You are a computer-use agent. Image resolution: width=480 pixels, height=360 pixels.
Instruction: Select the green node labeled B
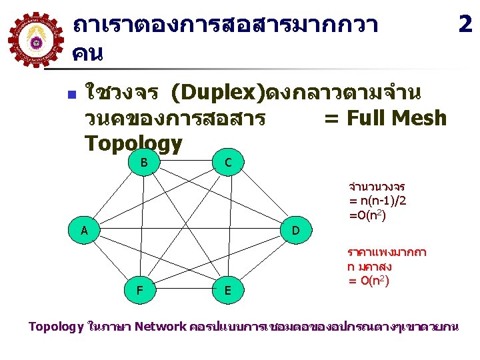(144, 162)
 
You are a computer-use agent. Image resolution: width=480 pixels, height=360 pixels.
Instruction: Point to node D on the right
(296, 231)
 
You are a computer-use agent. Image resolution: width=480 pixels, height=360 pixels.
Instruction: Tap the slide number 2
(465, 24)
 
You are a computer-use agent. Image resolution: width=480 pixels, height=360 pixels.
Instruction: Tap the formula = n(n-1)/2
(378, 200)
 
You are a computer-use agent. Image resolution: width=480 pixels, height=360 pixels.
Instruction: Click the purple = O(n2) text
(369, 281)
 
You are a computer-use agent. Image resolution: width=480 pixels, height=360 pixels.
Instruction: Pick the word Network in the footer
(160, 327)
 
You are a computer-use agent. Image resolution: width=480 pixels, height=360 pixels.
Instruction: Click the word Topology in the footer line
(56, 327)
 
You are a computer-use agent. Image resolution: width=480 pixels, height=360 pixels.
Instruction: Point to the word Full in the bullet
(364, 118)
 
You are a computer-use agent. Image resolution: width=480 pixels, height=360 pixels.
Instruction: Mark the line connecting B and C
(186, 163)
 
